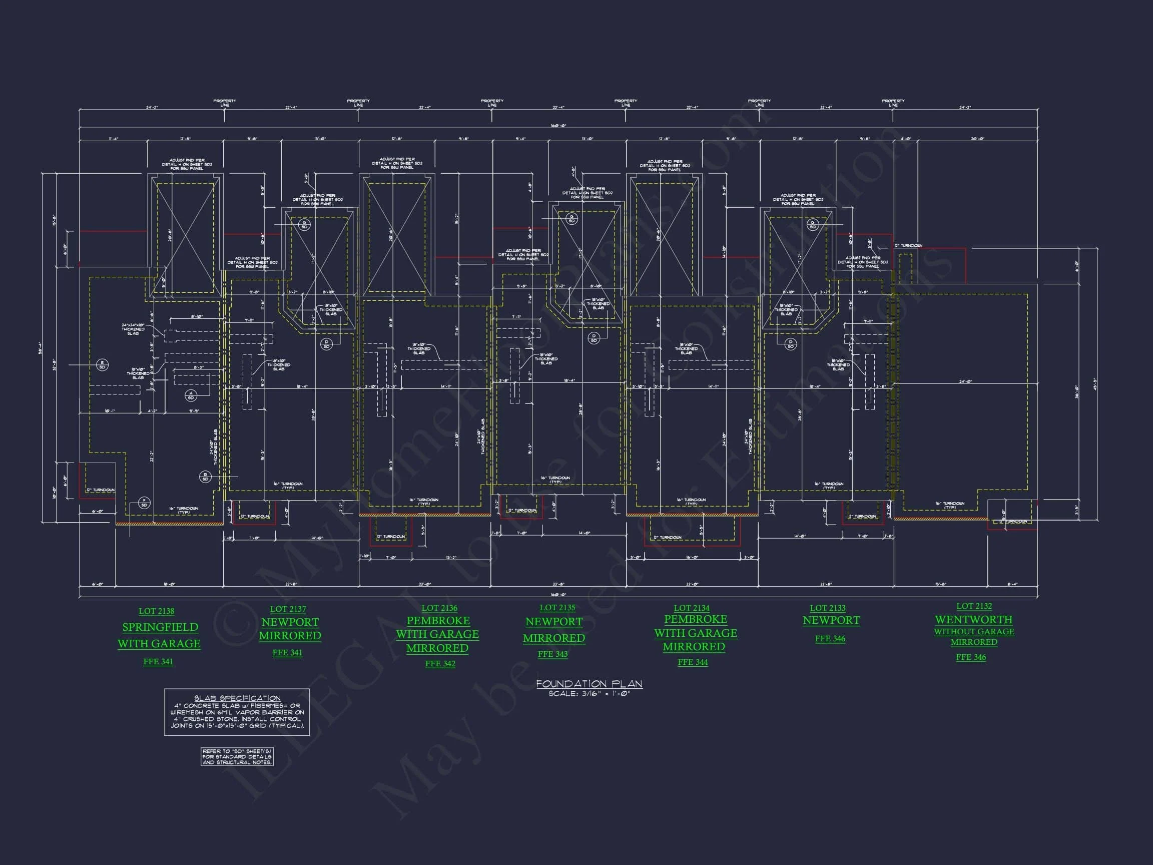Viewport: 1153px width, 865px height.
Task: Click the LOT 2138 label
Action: point(156,611)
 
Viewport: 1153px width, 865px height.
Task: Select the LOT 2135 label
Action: point(557,607)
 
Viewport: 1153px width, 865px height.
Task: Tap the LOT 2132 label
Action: point(974,606)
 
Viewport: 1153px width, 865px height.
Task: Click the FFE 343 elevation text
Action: point(552,654)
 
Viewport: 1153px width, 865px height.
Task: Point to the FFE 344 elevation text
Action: point(692,662)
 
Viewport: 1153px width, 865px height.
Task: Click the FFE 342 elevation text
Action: point(440,664)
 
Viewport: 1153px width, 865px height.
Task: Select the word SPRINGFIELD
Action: point(160,627)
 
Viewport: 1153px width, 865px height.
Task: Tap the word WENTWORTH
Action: point(973,619)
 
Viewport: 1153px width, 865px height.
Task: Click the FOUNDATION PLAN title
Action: point(589,684)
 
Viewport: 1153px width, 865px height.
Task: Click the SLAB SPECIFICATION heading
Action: point(237,698)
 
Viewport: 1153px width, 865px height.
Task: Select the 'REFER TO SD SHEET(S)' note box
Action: point(237,756)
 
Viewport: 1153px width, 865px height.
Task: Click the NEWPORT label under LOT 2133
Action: point(831,620)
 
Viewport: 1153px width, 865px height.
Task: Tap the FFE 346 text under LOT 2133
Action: point(830,639)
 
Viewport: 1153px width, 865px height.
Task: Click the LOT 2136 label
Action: point(439,608)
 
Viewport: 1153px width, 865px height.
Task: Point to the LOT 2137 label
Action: point(288,609)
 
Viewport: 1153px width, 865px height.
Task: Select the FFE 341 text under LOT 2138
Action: point(158,662)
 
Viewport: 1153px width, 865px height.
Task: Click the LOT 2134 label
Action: point(691,608)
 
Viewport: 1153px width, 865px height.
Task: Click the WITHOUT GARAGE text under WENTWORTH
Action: point(973,631)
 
